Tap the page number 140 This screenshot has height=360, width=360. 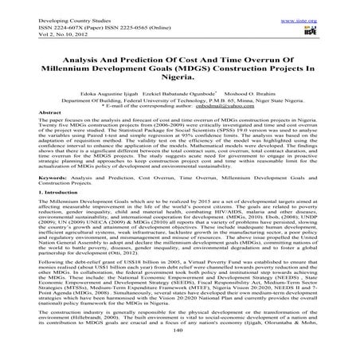tap(181, 350)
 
